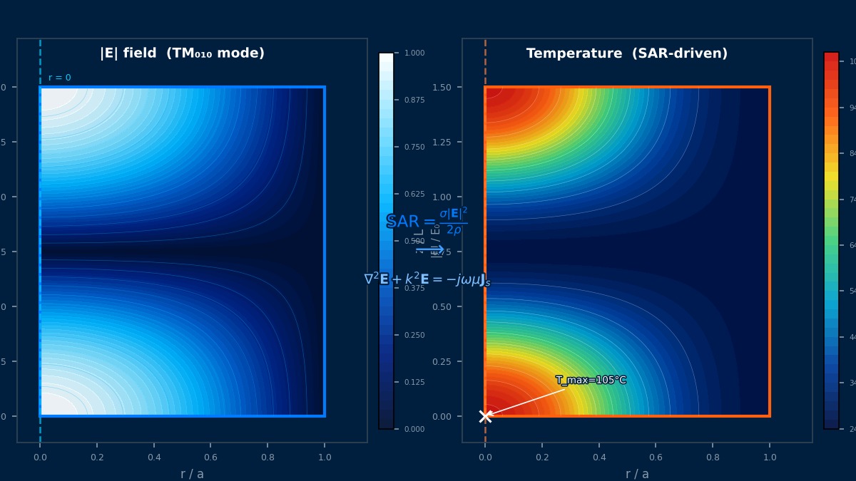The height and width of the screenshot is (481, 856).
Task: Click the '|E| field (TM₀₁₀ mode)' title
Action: [182, 53]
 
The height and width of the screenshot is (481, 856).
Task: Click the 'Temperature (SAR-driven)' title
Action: [626, 53]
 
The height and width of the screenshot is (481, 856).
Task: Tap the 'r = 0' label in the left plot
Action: [60, 78]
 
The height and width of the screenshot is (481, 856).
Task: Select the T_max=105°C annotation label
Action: [591, 381]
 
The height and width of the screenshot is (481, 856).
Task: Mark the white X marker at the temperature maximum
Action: [485, 416]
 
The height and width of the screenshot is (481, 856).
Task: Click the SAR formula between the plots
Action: [427, 222]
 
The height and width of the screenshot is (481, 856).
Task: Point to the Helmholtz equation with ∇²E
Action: [427, 279]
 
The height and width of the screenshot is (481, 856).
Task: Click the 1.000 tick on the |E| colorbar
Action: [414, 53]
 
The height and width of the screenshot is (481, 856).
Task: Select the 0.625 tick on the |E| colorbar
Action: [414, 194]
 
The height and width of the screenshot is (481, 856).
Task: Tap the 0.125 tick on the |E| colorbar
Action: [414, 382]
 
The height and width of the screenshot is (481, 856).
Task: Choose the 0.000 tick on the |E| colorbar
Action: [414, 429]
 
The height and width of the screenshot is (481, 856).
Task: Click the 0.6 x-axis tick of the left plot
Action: [210, 457]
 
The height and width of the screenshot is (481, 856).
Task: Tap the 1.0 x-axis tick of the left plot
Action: [325, 457]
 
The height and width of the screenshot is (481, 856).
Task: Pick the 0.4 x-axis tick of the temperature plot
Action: [599, 457]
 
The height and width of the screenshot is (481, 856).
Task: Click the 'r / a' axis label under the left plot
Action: [192, 474]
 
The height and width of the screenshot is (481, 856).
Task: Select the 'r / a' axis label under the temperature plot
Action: [637, 474]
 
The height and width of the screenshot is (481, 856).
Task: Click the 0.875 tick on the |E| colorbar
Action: [414, 100]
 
